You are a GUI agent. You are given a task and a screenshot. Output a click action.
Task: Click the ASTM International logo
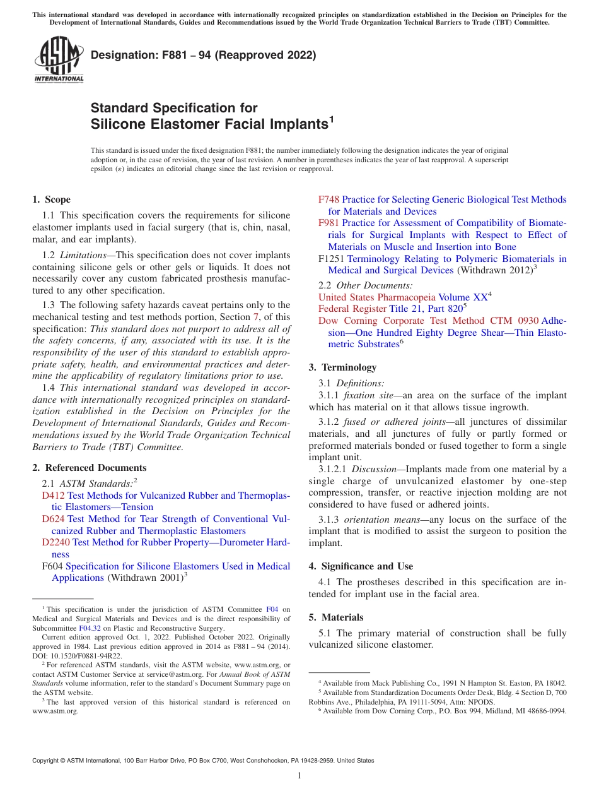coord(59,60)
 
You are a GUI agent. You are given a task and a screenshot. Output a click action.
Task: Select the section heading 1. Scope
coord(52,199)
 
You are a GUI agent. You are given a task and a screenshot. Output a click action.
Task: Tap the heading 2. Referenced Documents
coord(90,468)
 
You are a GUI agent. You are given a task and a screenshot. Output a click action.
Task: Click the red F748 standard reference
coord(329,199)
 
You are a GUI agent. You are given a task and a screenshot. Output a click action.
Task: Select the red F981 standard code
coord(329,223)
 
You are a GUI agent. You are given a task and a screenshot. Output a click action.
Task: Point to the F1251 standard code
coord(332,259)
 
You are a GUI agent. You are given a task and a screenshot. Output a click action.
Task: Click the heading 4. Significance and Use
coord(361,566)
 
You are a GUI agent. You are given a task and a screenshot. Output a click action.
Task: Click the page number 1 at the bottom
coord(299,776)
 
